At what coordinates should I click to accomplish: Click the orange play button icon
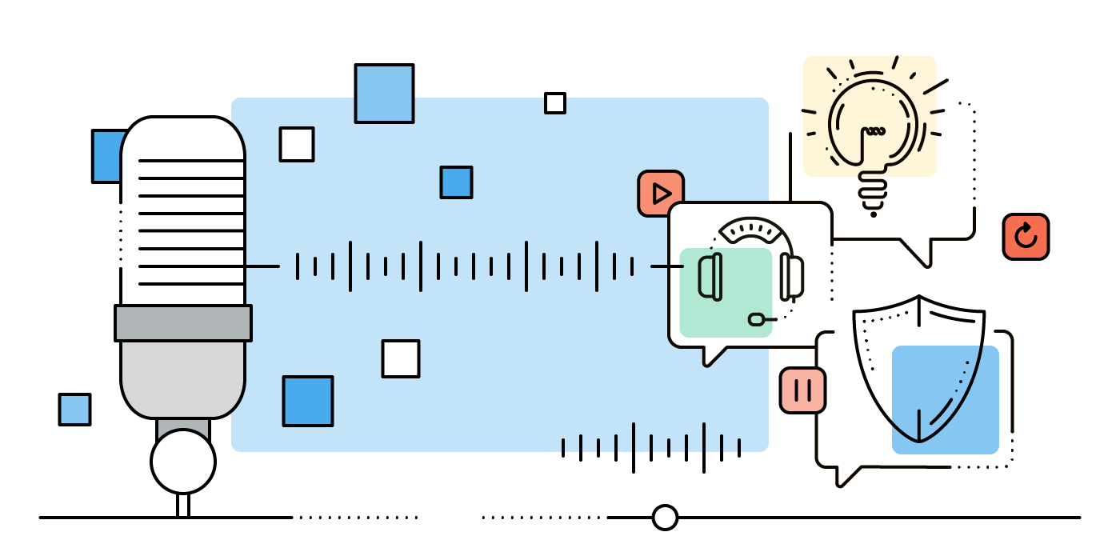point(661,194)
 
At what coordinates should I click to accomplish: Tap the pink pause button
point(802,390)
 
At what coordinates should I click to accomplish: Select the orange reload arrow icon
point(1026,236)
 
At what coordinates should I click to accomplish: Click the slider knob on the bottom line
point(665,518)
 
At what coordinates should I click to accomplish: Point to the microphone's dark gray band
point(183,322)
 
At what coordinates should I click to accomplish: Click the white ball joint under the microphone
point(183,462)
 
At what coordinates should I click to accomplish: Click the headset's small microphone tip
point(756,319)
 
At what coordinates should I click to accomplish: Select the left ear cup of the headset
point(710,276)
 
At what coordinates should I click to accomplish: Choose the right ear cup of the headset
point(792,276)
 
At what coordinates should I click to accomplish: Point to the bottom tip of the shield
point(919,440)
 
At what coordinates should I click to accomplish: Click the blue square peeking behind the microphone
point(106,156)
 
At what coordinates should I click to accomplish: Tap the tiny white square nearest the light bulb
point(555,103)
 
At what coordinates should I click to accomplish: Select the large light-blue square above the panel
point(384,94)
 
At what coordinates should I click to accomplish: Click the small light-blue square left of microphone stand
point(74,409)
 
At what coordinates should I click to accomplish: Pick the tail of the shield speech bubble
point(845,477)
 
